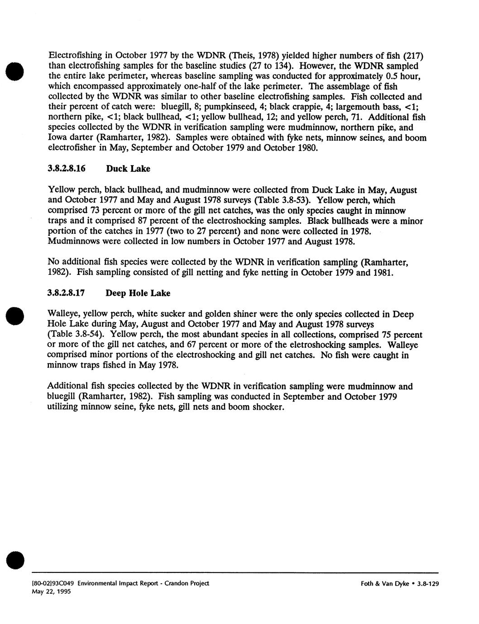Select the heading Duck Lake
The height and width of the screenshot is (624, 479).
128,169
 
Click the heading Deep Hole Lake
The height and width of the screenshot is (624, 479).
138,293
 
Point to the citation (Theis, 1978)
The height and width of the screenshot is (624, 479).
244,56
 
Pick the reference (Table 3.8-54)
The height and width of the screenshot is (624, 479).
77,335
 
